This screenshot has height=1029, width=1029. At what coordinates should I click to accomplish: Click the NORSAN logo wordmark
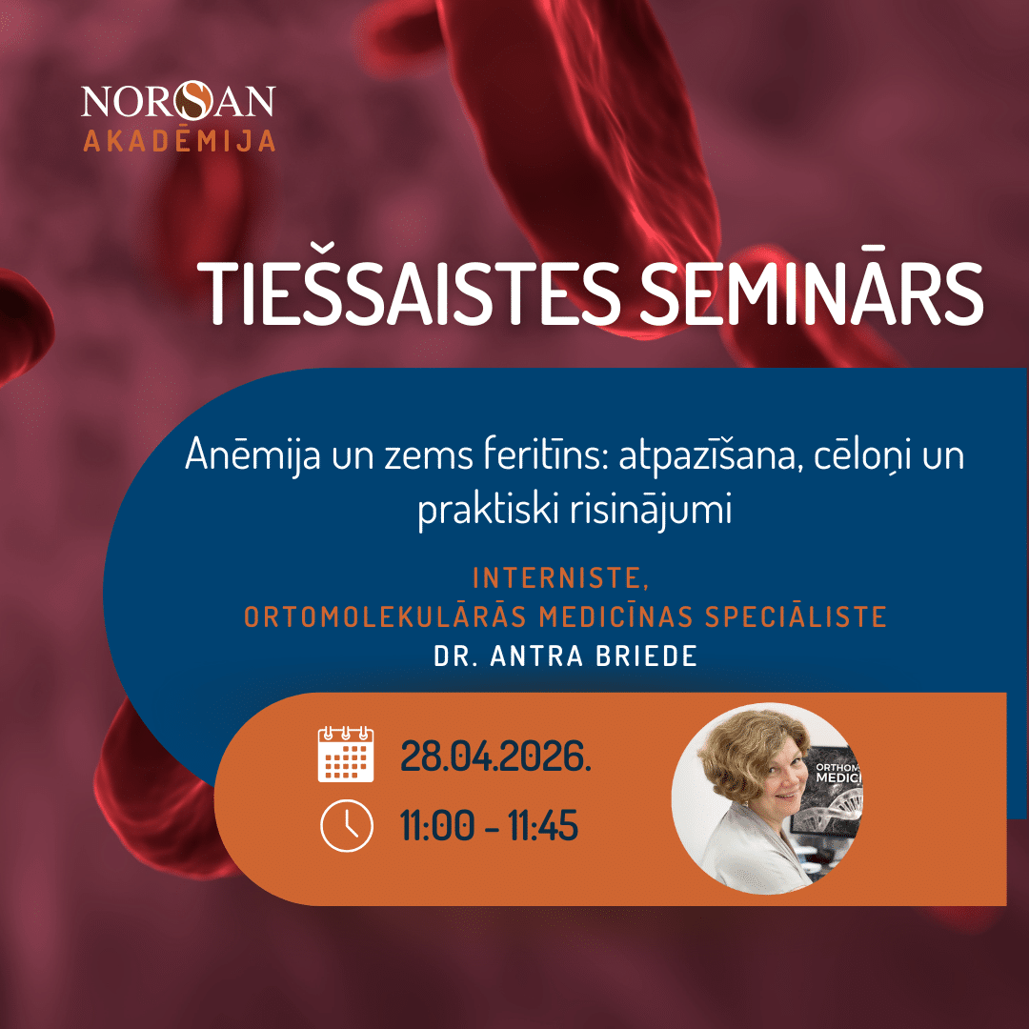178,100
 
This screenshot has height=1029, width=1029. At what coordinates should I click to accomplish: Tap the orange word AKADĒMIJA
179,140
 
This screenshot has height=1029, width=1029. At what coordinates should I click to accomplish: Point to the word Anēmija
252,454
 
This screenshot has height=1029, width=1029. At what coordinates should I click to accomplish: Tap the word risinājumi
651,510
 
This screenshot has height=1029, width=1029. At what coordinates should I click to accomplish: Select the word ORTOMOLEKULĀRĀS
385,616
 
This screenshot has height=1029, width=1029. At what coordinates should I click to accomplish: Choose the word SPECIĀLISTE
796,616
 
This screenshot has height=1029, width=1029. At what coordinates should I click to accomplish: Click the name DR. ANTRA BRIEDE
566,656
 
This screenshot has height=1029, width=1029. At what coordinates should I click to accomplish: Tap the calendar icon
346,754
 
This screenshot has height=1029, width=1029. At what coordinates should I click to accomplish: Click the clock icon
347,825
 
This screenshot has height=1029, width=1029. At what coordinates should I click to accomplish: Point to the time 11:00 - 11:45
490,825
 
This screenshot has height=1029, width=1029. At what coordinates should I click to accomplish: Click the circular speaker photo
767,798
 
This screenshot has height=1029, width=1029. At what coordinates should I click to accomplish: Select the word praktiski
488,510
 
